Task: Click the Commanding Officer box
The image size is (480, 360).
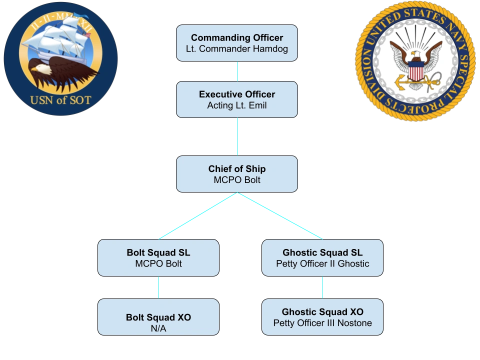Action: click(237, 43)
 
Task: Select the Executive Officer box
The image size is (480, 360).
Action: click(237, 99)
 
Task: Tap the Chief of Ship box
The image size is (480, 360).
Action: click(237, 174)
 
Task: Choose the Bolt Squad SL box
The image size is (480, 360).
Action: click(158, 258)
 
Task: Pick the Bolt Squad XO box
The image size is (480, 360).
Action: click(158, 317)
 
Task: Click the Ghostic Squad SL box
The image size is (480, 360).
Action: click(322, 258)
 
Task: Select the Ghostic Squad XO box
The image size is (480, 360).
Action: click(322, 317)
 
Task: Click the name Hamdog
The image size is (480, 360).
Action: click(270, 49)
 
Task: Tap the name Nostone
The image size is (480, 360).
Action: click(354, 323)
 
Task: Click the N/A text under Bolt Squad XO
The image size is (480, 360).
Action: click(158, 328)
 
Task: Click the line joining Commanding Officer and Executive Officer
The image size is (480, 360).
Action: click(237, 71)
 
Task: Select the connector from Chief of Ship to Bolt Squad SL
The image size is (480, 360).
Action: click(198, 216)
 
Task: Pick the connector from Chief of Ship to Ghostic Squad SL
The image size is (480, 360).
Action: click(280, 216)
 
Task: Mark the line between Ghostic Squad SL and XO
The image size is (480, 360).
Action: click(322, 287)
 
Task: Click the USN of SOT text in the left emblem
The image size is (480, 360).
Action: click(60, 100)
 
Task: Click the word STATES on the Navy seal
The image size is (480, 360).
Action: click(424, 16)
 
